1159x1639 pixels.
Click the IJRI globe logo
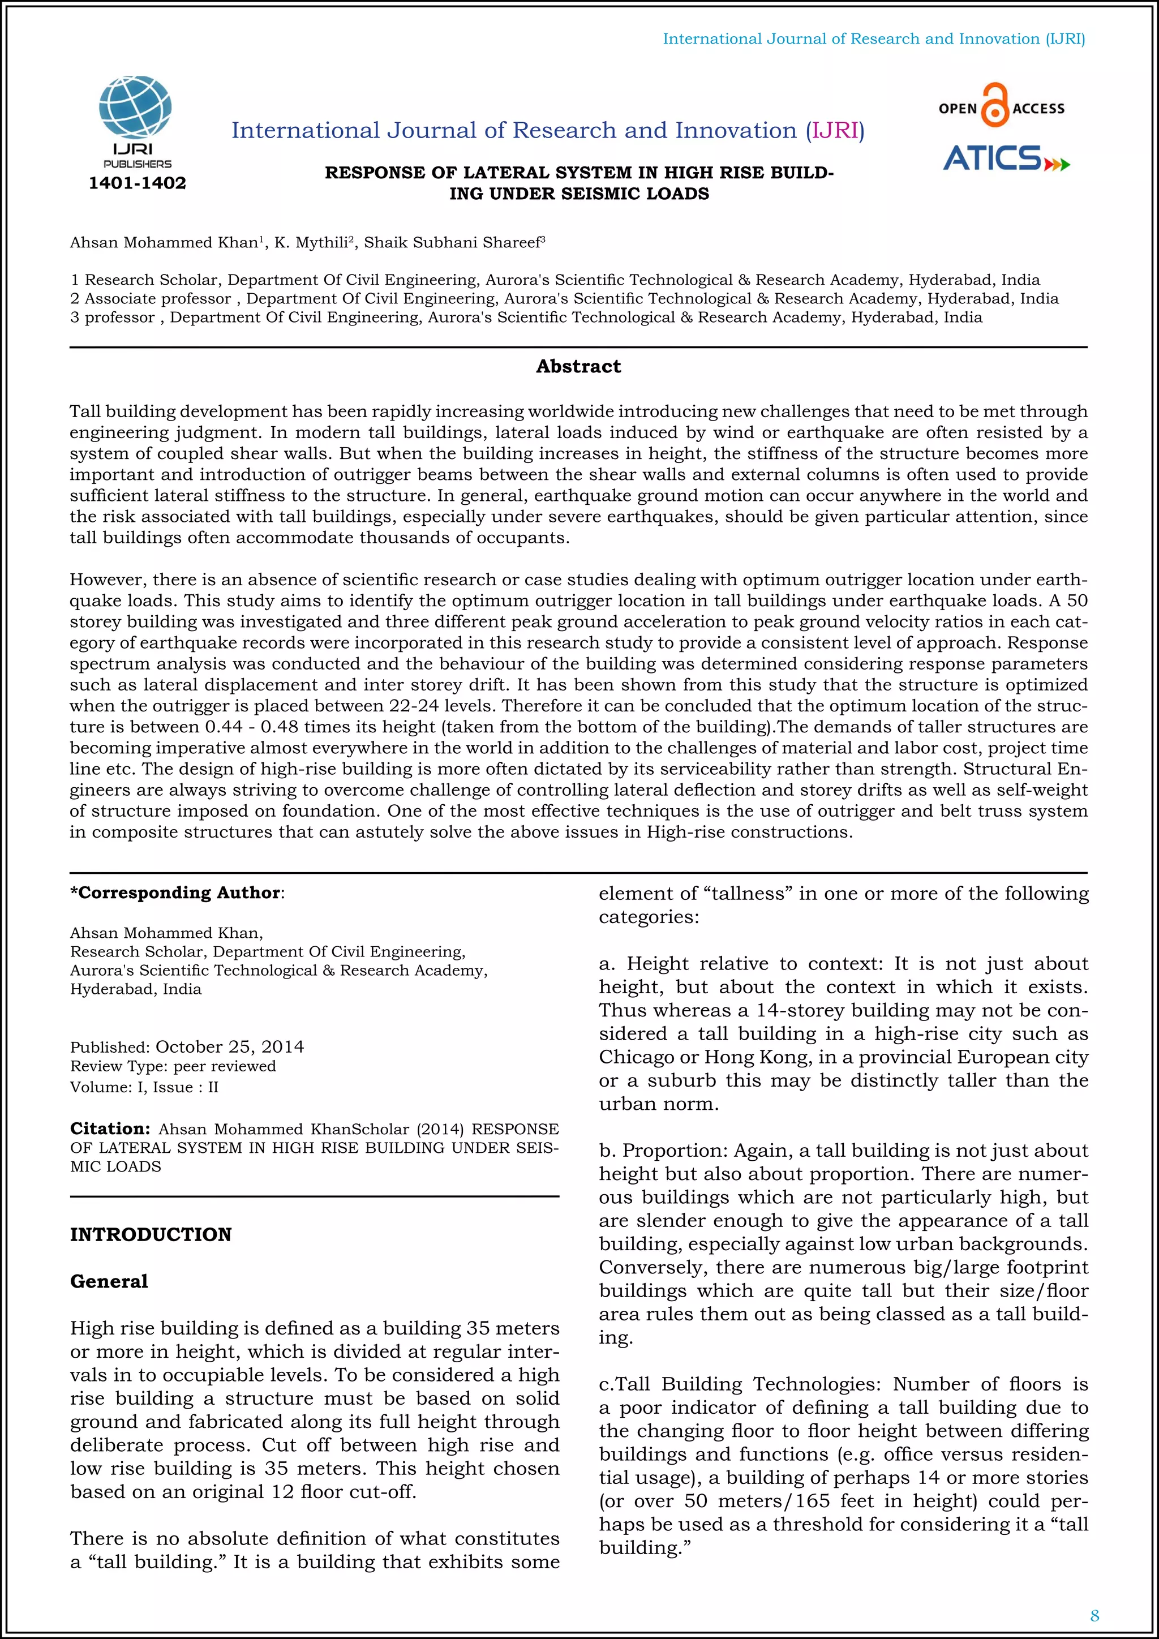click(x=136, y=107)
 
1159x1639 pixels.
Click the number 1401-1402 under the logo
click(x=137, y=183)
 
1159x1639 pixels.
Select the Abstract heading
click(x=578, y=367)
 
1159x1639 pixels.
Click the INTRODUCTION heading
click(x=151, y=1235)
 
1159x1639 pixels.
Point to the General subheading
click(x=109, y=1281)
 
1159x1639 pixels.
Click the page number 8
click(x=1094, y=1615)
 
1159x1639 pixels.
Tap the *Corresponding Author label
click(x=175, y=893)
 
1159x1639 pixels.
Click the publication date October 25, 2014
click(x=230, y=1047)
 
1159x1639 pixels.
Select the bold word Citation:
click(x=110, y=1129)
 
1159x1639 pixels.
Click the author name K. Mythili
click(x=312, y=243)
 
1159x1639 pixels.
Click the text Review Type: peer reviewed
click(x=173, y=1066)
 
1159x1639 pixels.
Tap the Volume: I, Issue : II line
click(x=144, y=1087)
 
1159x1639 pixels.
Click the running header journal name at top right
click(x=874, y=39)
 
